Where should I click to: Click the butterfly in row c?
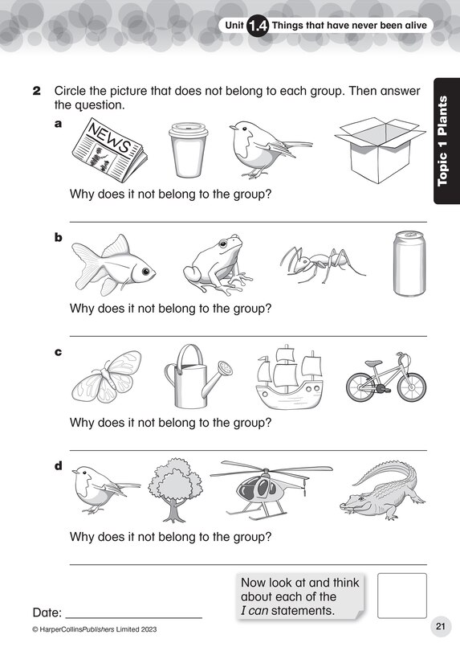click(106, 375)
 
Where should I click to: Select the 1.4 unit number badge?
click(258, 27)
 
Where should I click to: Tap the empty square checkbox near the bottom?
click(401, 596)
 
